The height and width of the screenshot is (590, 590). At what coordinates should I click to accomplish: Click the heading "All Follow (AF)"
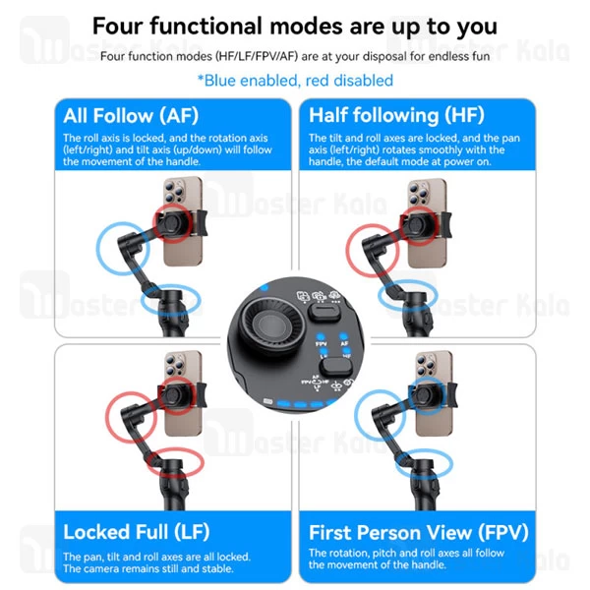(131, 115)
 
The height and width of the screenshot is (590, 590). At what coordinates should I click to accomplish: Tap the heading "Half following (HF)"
(396, 115)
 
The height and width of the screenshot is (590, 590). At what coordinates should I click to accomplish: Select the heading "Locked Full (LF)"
(137, 532)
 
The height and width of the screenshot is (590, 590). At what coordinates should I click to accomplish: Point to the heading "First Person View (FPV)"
(419, 533)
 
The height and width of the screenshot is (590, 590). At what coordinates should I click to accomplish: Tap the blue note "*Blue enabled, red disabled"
(295, 81)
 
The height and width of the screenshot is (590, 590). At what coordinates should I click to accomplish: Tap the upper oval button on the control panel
(324, 312)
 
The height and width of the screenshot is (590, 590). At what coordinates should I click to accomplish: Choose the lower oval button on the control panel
(335, 367)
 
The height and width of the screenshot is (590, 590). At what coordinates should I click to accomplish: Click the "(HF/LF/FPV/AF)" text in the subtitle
(257, 56)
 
